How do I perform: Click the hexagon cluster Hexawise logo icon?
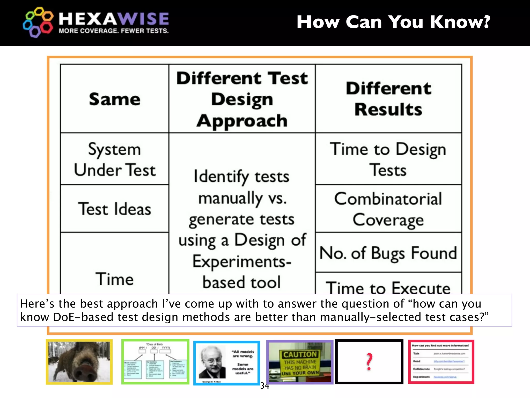[38, 22]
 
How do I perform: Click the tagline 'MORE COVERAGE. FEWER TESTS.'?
[114, 31]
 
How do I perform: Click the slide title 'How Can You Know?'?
[393, 22]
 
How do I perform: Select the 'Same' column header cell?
[115, 99]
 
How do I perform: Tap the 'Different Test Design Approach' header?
[242, 99]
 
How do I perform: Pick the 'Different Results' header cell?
[388, 98]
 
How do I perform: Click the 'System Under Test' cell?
[115, 159]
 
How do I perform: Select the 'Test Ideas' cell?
[115, 209]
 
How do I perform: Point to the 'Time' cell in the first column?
[115, 279]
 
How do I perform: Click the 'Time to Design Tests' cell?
[388, 159]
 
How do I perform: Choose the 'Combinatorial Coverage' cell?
[388, 209]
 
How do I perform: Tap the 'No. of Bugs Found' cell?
[388, 253]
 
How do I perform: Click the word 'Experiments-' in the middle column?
[242, 261]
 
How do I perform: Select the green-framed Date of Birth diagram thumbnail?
[155, 362]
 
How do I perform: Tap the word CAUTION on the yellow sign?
[300, 354]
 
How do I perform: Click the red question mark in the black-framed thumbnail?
[369, 362]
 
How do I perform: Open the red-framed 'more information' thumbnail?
[441, 362]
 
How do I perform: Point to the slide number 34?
[265, 386]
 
